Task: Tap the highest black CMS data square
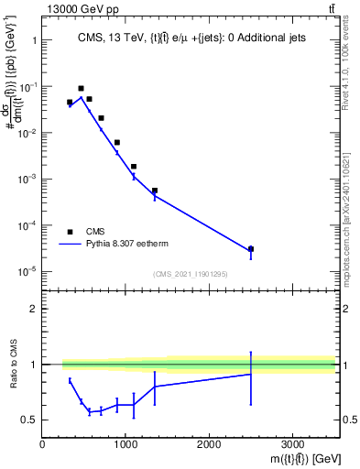81,89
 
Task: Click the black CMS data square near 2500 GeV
251,248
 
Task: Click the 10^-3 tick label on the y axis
27,179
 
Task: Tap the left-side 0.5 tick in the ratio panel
30,420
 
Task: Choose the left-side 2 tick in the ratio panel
33,309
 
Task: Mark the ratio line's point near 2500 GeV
251,374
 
